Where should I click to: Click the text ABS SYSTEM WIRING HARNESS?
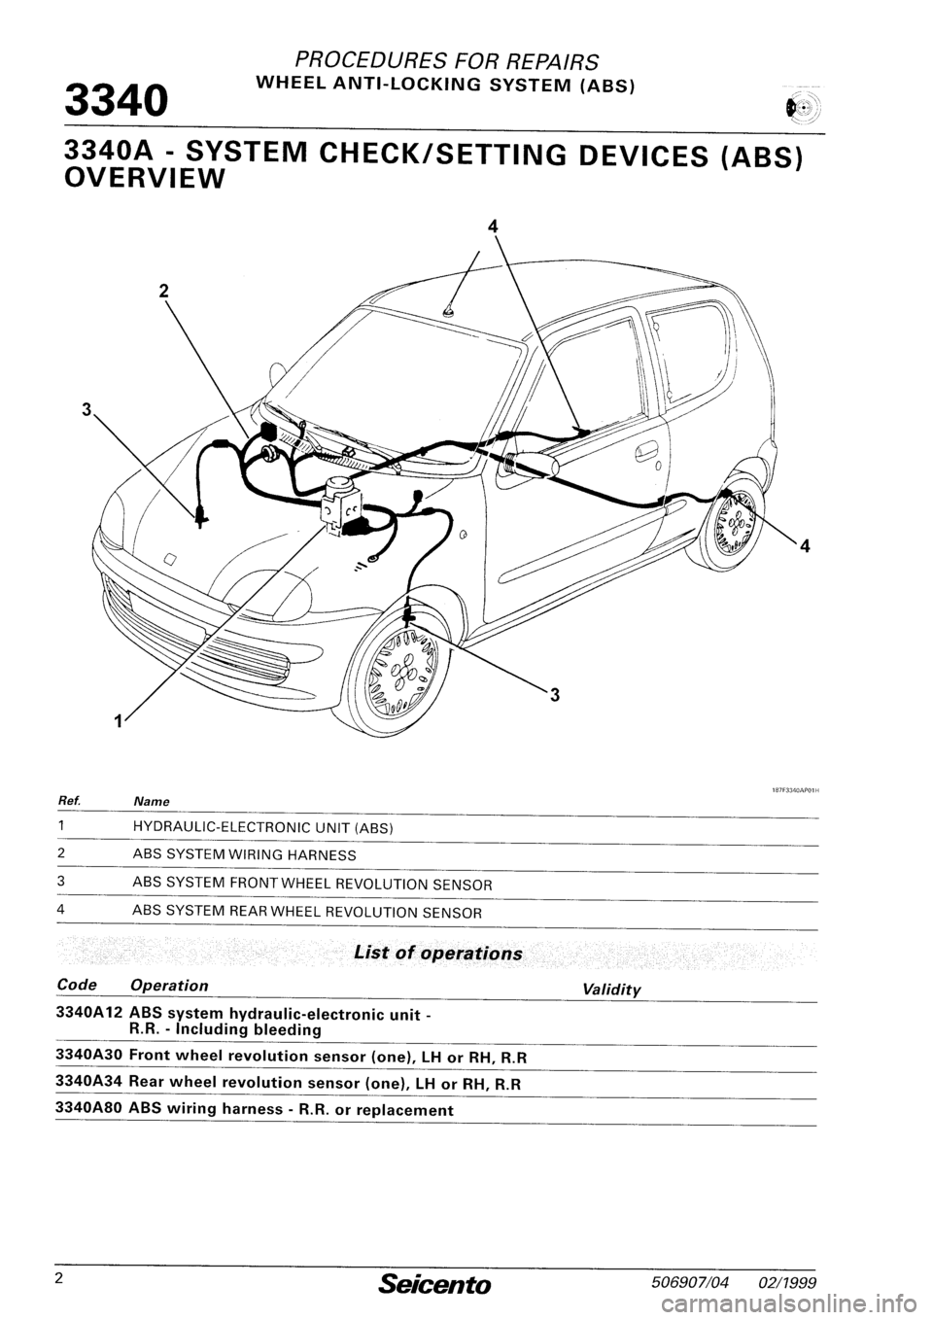point(244,855)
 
